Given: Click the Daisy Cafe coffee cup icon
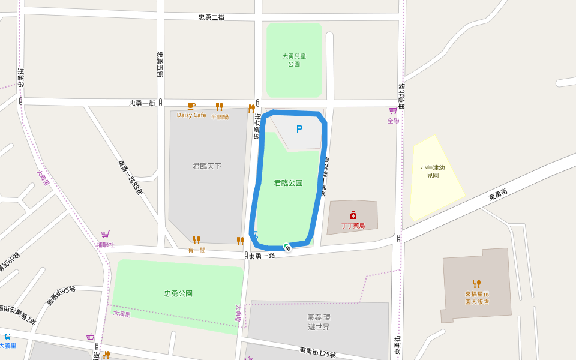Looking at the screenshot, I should click(191, 106).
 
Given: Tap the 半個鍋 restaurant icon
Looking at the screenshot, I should click(219, 107).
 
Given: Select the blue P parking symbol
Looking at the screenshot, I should click(299, 129).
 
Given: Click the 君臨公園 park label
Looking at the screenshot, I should click(288, 183).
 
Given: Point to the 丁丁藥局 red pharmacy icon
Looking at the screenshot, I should click(353, 215).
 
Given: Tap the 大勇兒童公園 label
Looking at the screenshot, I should click(294, 60).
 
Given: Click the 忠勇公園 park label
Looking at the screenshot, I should click(178, 293).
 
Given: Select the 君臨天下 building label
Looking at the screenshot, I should click(207, 166).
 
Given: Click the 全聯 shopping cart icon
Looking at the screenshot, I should click(393, 111).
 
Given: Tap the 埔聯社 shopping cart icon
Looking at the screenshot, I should click(106, 234).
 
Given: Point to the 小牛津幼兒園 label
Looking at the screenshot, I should click(433, 172).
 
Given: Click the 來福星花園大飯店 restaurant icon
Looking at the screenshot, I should click(477, 284).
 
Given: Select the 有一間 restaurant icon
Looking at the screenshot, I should click(197, 240).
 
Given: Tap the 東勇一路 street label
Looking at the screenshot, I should click(262, 256).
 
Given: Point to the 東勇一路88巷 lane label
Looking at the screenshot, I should click(130, 178).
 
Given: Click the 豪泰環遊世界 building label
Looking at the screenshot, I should click(319, 322).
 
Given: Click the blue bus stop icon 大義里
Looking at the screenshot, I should click(8, 337).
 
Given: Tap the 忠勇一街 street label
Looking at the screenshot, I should click(142, 103).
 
